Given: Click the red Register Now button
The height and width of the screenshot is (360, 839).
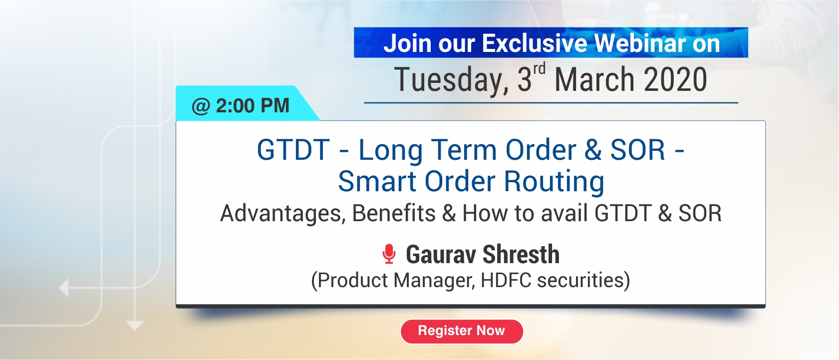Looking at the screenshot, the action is click(462, 332).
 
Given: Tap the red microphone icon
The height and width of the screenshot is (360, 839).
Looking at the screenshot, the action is click(389, 254).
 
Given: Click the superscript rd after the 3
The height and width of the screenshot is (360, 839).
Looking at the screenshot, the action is click(539, 69).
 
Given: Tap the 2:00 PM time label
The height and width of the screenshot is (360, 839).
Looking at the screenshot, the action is click(253, 105).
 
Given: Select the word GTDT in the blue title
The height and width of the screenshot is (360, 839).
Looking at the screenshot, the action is click(293, 150).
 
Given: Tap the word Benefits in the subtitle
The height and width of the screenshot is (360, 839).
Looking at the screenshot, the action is click(394, 214).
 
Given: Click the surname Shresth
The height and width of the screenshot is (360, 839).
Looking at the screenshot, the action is click(521, 254).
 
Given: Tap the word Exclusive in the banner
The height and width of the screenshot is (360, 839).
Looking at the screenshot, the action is click(535, 43).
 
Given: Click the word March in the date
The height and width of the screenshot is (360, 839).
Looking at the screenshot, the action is click(595, 79).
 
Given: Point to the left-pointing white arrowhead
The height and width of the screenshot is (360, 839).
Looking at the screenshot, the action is click(64, 288).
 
